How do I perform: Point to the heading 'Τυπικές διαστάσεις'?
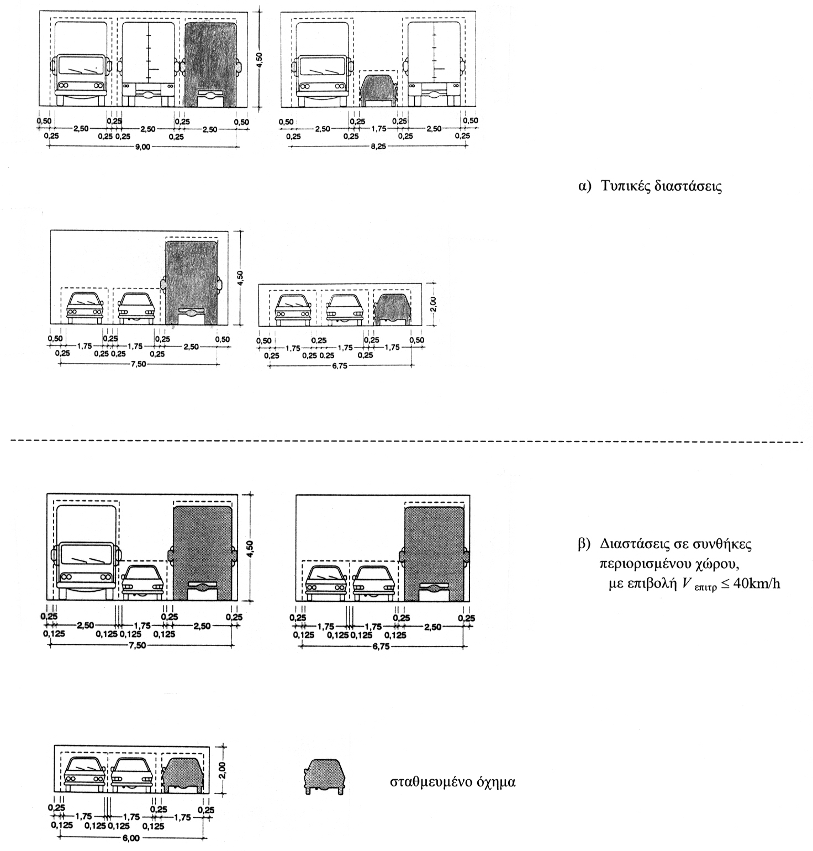point(661,186)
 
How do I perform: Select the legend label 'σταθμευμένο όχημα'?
point(453,782)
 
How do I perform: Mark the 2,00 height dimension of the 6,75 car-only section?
point(433,304)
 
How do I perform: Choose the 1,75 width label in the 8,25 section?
point(378,129)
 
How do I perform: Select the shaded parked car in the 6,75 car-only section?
point(392,308)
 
